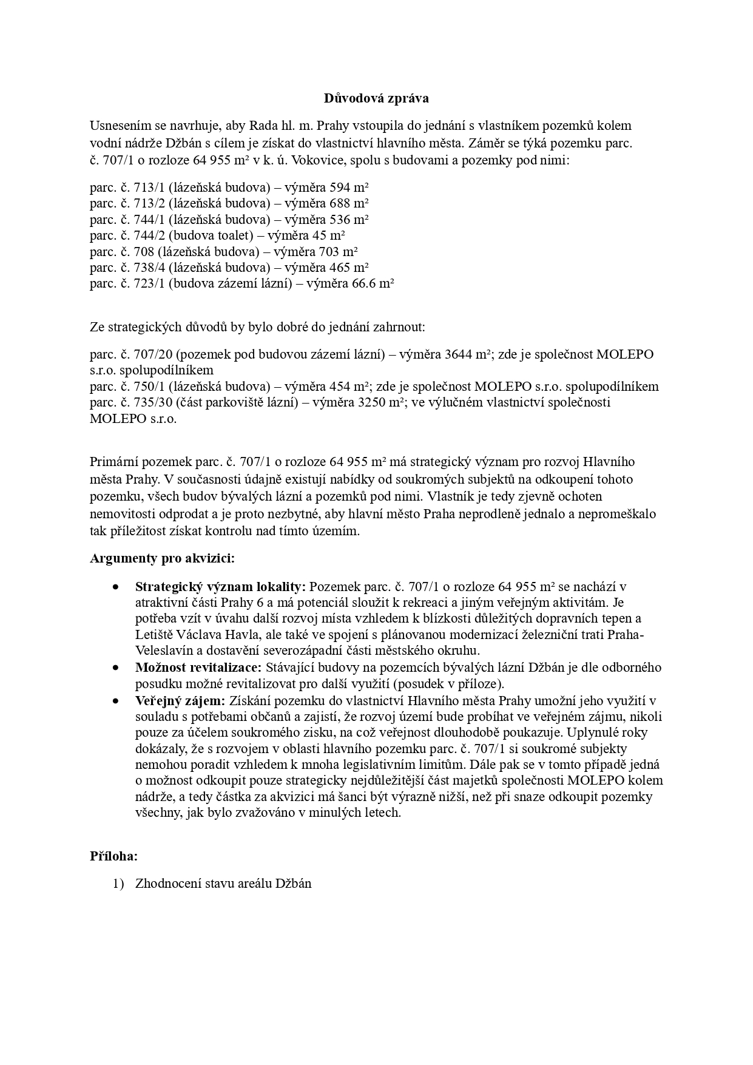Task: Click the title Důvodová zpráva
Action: pyautogui.click(x=376, y=98)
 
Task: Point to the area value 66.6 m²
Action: pyautogui.click(x=373, y=283)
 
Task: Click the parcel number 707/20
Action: pyautogui.click(x=153, y=354)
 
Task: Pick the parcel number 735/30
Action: pyautogui.click(x=153, y=402)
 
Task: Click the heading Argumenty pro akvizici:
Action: pyautogui.click(x=162, y=558)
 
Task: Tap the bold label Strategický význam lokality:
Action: pyautogui.click(x=221, y=587)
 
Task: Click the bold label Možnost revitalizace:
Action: pyautogui.click(x=198, y=668)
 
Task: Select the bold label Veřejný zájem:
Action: pyautogui.click(x=180, y=700)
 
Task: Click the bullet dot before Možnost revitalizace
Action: pyautogui.click(x=115, y=668)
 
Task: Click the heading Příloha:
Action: pyautogui.click(x=113, y=856)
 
